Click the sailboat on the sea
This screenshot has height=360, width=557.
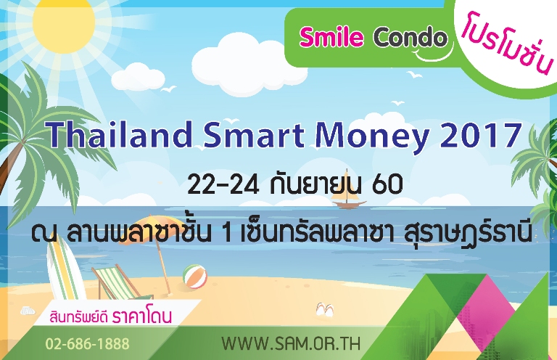click(x=342, y=197)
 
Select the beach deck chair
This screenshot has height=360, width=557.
click(x=112, y=282)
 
